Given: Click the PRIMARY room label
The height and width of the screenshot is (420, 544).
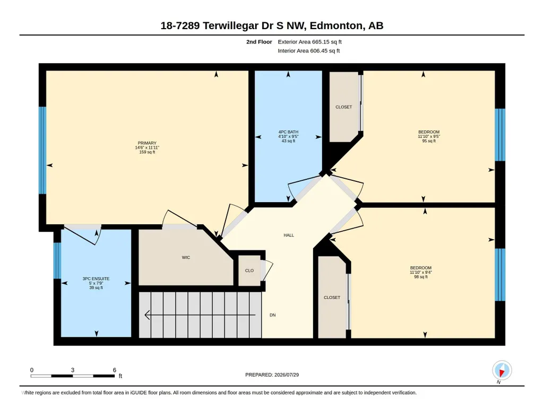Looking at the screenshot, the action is click(147, 143).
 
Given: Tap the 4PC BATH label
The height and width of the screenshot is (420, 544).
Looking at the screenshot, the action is click(288, 132).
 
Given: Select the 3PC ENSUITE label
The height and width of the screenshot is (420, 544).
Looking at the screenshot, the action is click(96, 278).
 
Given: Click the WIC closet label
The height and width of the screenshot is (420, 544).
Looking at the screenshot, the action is click(186, 258).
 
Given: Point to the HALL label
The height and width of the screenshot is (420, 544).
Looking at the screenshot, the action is click(289, 235).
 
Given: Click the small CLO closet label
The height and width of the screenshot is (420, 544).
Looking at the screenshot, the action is click(249, 270).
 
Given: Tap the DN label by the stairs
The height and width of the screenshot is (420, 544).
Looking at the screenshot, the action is click(273, 315).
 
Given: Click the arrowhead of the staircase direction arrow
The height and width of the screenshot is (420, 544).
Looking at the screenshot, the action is click(147, 315).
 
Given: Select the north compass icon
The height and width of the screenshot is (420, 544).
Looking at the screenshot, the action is click(502, 371).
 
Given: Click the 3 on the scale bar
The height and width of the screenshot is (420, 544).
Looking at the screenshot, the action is click(73, 370).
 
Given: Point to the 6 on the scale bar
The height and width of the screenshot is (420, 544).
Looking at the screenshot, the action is click(115, 370).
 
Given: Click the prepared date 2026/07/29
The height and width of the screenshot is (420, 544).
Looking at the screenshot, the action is click(287, 374).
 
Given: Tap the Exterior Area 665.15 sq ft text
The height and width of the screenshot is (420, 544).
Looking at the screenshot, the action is click(310, 42).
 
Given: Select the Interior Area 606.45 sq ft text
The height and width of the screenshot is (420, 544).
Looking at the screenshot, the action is click(309, 50).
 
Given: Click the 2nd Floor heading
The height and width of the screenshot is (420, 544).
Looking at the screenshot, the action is click(259, 42).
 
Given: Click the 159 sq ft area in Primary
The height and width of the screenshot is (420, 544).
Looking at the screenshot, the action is click(147, 152).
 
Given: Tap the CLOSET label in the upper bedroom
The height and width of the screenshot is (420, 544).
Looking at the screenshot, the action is click(344, 107).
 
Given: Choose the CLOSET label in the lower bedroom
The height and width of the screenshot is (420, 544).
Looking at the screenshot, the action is click(332, 297).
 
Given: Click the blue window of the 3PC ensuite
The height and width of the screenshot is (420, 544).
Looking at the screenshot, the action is click(57, 260).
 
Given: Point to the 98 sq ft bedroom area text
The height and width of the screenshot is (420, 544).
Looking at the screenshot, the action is click(421, 277).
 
